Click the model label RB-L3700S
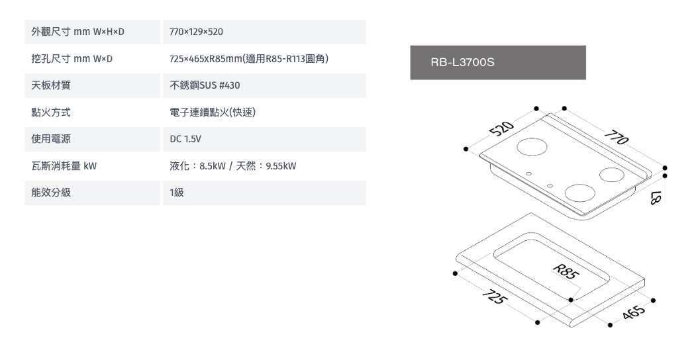(462, 62)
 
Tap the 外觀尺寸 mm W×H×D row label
(77, 32)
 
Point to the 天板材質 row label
(50, 85)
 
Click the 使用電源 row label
(50, 139)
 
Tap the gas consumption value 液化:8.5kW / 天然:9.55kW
(233, 166)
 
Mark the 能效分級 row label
(50, 193)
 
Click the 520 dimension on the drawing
(502, 128)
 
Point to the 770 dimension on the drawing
(617, 137)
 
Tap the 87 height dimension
(656, 197)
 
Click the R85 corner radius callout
(566, 271)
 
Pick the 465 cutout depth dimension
(633, 311)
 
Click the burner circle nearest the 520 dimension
(532, 147)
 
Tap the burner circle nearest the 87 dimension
(612, 175)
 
